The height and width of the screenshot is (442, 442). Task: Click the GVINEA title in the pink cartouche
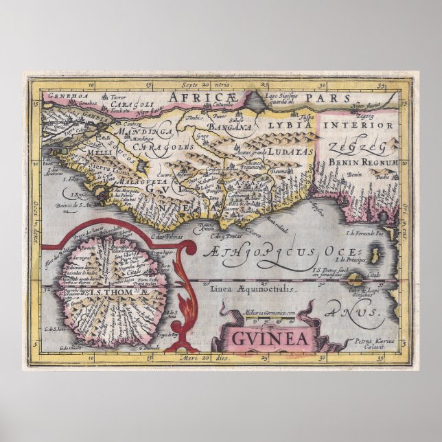coord(264,338)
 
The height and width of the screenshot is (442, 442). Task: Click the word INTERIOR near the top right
coord(369,126)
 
